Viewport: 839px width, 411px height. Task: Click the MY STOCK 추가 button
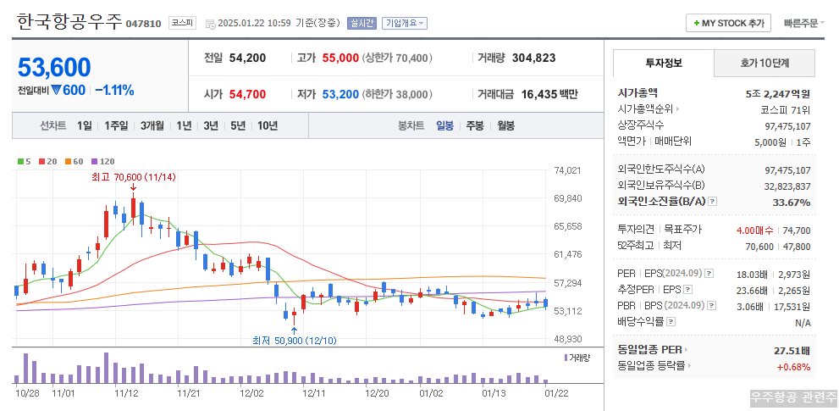coord(728,23)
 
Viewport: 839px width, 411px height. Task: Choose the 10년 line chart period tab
coord(267,125)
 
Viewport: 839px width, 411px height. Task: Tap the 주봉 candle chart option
coord(474,125)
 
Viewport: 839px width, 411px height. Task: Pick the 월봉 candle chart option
coord(505,125)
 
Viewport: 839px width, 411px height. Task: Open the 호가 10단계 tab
coord(764,63)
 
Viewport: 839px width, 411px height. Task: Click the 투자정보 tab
coord(664,63)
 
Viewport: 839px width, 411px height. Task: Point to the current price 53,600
coord(54,67)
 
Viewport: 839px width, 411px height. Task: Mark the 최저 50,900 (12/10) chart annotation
coord(294,340)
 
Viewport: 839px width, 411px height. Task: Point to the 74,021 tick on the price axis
coord(567,170)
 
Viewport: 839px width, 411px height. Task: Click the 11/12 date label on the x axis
coord(126,393)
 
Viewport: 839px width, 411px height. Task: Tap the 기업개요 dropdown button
coord(405,24)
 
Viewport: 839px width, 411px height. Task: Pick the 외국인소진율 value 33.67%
coord(792,203)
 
